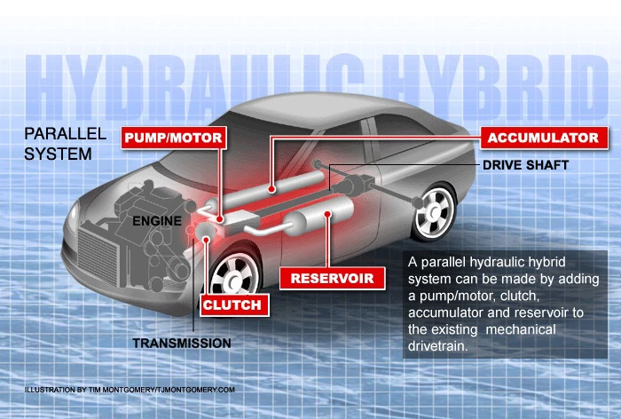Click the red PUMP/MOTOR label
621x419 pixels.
coord(173,138)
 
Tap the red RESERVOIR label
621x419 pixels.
coord(332,278)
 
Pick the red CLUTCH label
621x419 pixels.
coord(232,304)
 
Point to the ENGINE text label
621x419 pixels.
coord(159,219)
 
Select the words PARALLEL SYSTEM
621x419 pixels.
coord(65,143)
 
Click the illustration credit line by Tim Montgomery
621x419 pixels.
coord(130,390)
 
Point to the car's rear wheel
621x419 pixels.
coord(436,211)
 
